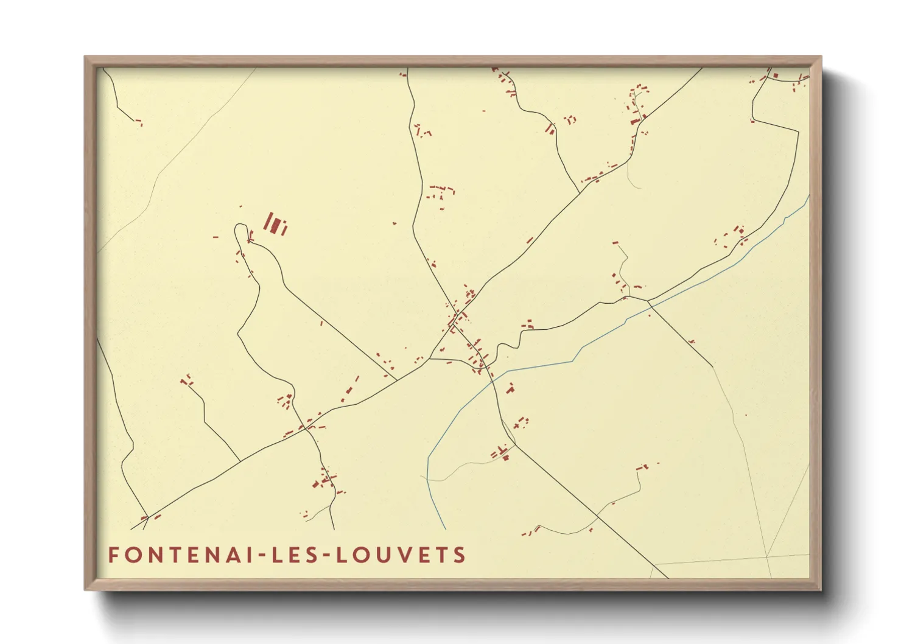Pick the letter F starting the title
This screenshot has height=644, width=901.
point(113,555)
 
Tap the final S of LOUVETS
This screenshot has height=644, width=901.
point(460,555)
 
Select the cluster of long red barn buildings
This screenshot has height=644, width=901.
point(275,223)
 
